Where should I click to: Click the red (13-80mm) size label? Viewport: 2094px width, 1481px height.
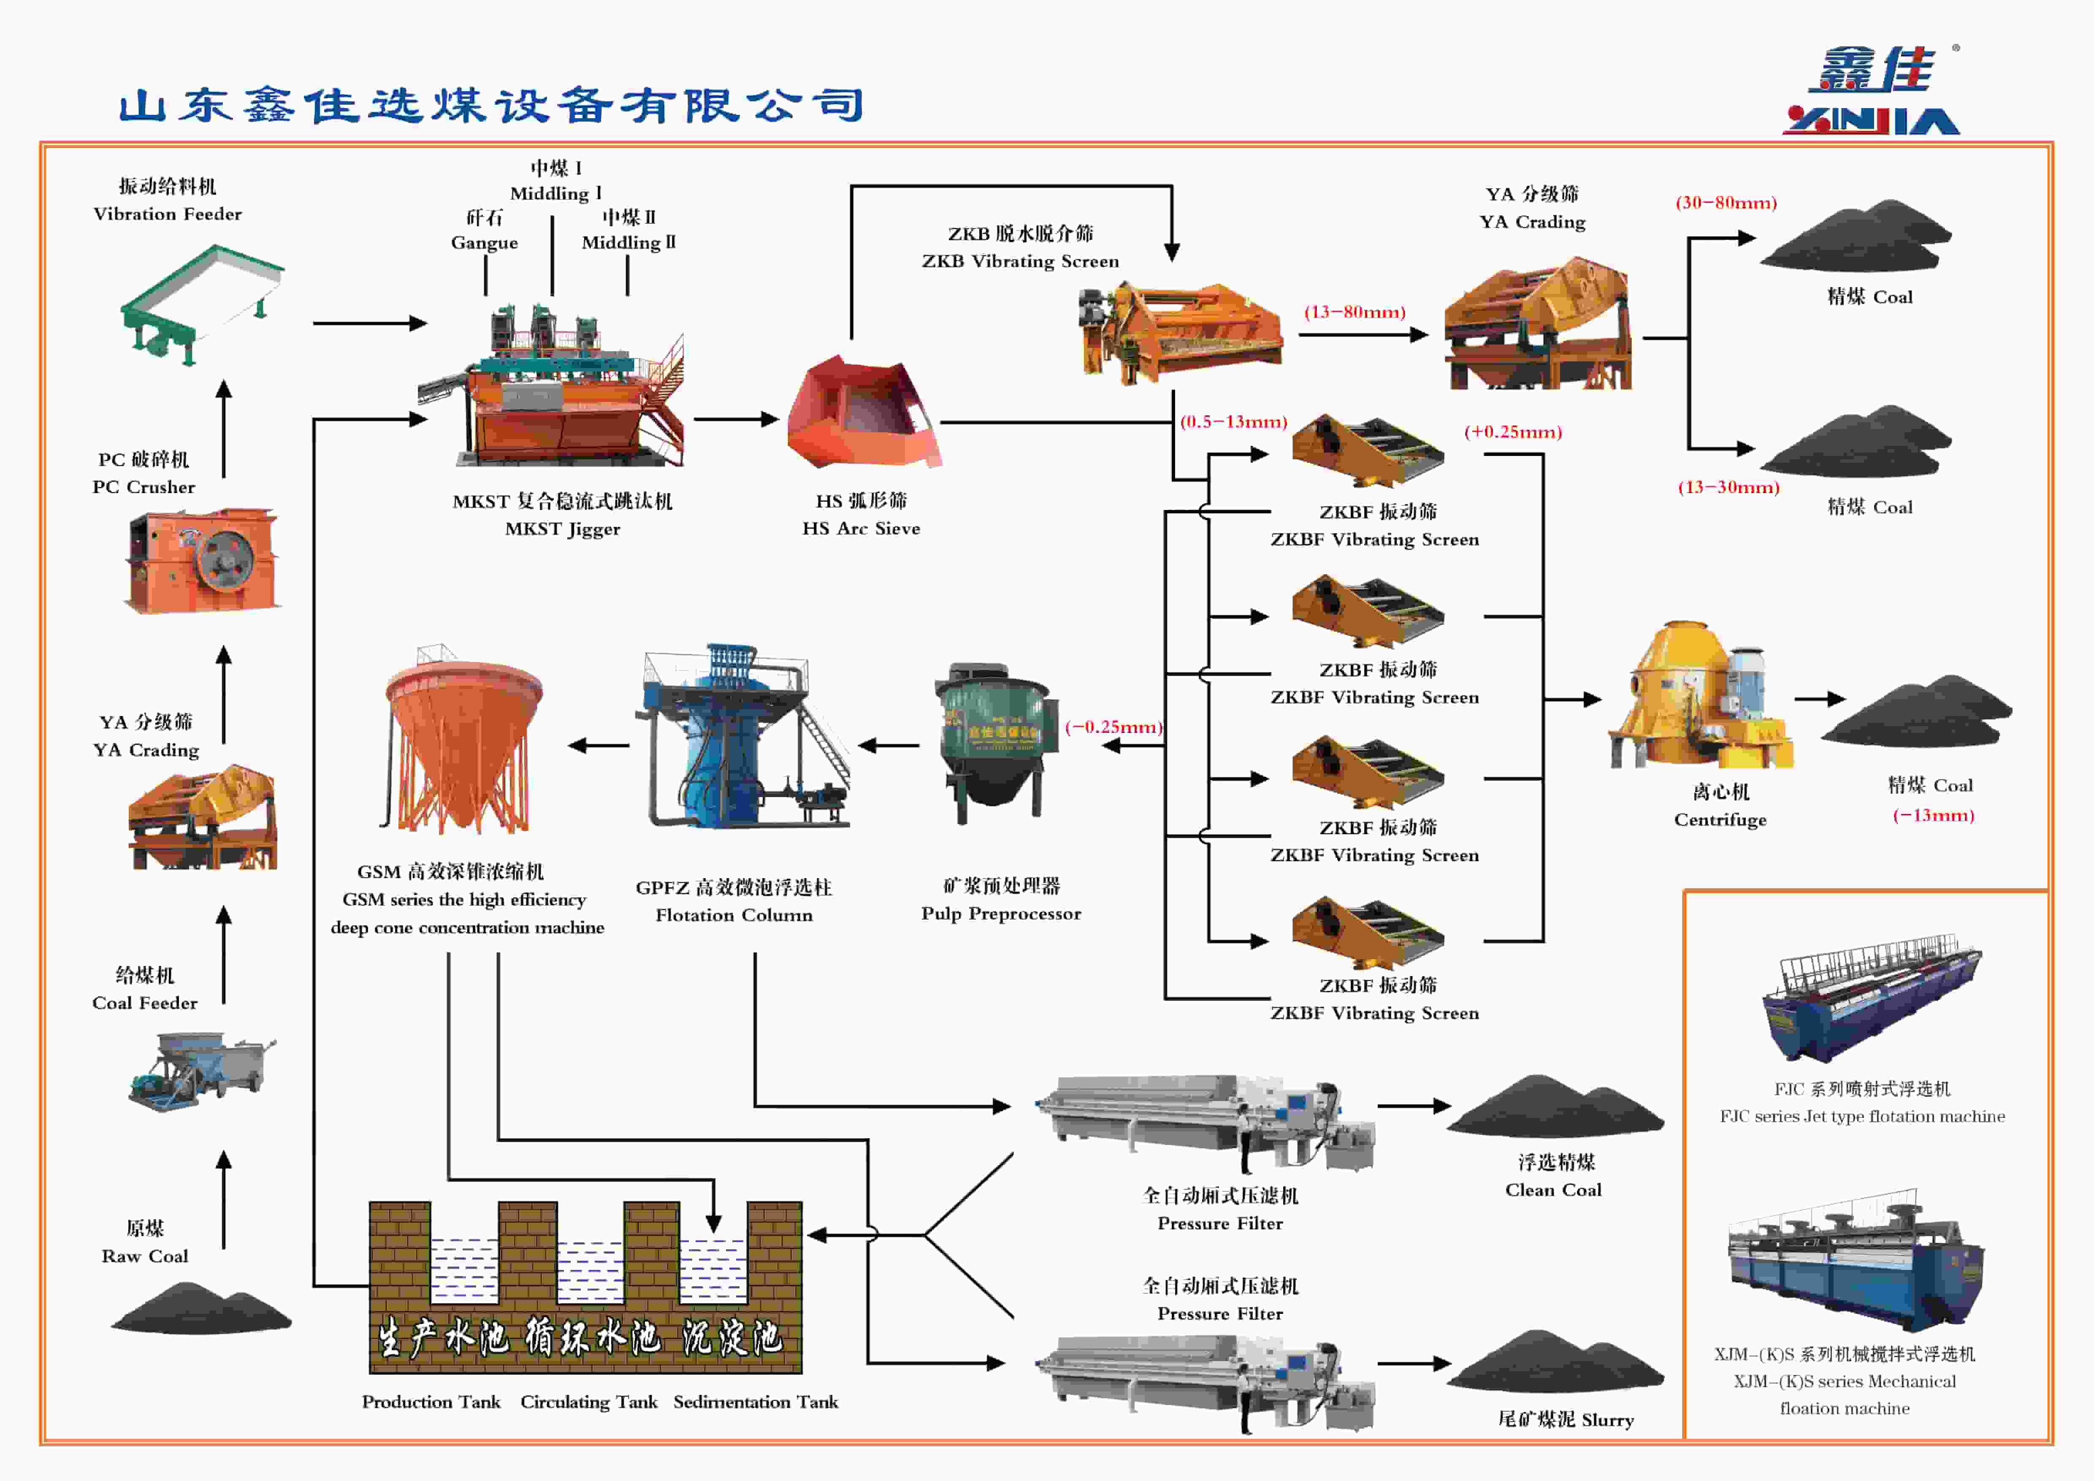point(1354,312)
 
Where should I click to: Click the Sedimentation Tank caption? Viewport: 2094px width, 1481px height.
point(755,1402)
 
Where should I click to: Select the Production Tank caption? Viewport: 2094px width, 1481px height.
point(431,1402)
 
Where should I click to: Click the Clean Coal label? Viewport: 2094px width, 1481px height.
point(1553,1190)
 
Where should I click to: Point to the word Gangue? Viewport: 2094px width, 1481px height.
point(484,243)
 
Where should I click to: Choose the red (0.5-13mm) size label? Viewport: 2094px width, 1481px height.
point(1233,421)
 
